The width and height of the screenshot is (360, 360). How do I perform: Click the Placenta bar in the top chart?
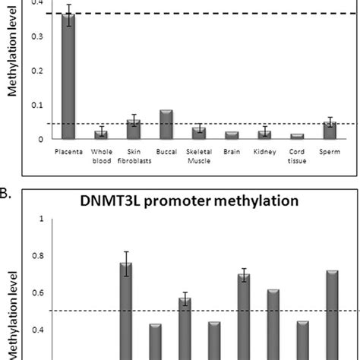(x=69, y=76)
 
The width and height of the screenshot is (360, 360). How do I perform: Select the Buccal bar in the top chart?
(x=166, y=125)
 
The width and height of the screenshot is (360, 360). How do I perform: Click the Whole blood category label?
(x=102, y=156)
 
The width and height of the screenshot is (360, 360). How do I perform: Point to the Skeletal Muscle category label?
(x=199, y=156)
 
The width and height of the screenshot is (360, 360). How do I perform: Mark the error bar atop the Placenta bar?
(x=69, y=14)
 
